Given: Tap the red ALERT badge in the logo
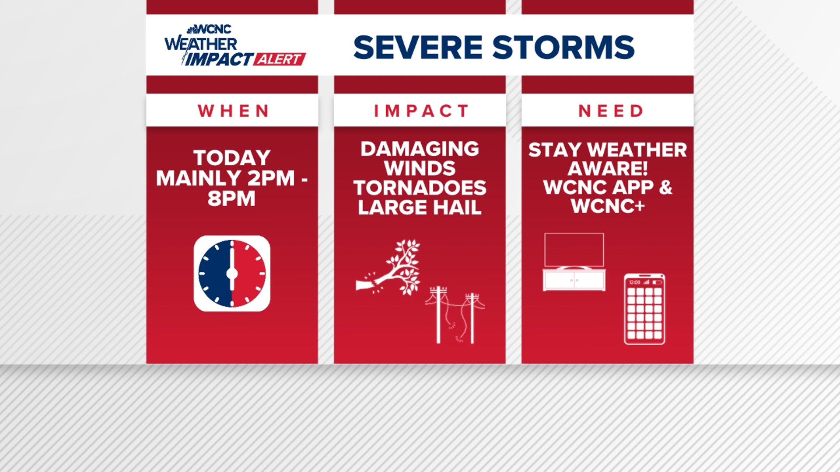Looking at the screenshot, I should click(x=279, y=59).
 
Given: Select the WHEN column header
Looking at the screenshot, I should click(x=232, y=111).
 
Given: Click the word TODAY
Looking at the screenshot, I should click(x=232, y=158).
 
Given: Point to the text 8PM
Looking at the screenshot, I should click(x=231, y=199).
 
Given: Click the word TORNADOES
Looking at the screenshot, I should click(x=420, y=188).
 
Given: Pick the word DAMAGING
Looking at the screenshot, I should click(x=420, y=149).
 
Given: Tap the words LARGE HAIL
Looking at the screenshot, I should click(x=420, y=208).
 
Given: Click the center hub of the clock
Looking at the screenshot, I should click(x=232, y=274).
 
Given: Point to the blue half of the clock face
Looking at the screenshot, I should click(x=214, y=274).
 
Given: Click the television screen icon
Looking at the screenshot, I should click(x=574, y=250).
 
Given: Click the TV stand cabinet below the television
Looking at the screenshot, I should click(x=574, y=280).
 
